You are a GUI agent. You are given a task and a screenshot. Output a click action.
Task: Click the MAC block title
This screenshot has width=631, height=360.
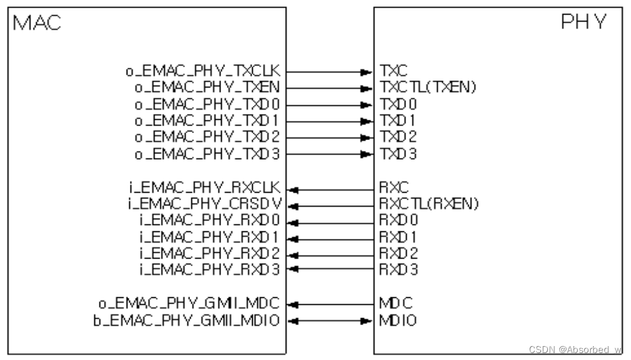point(36,23)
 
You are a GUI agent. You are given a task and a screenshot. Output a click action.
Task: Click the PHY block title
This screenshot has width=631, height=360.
point(583,23)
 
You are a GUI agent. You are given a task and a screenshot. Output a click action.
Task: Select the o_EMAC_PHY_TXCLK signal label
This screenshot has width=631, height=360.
point(203,72)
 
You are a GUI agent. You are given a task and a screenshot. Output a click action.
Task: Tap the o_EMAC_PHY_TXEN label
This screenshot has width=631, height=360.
point(207,88)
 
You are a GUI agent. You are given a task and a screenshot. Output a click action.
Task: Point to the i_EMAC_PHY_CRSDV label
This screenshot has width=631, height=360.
point(205,205)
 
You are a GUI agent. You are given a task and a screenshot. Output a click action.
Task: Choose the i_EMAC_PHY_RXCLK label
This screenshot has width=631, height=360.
point(205,188)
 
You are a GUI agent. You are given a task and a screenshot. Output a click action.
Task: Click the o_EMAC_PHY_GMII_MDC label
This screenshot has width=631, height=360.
point(189,304)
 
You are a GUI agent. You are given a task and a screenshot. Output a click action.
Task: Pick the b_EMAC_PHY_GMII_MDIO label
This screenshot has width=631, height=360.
point(187,320)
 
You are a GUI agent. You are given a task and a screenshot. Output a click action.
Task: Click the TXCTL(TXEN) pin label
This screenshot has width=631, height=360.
point(428,88)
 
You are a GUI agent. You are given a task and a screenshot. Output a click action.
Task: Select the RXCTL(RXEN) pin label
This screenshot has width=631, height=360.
point(430,205)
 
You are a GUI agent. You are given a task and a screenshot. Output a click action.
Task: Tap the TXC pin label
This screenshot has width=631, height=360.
point(390,72)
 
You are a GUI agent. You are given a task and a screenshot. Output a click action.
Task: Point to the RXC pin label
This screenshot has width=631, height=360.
point(390,188)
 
